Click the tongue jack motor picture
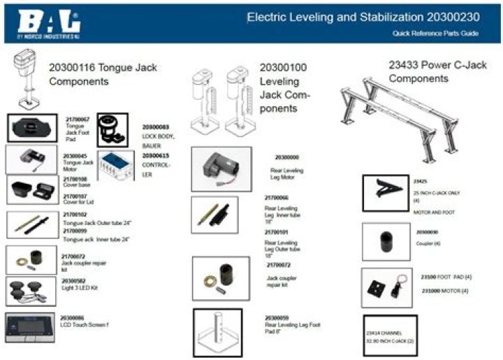(x=31, y=159)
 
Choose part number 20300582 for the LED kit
(x=74, y=280)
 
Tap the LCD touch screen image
(x=31, y=326)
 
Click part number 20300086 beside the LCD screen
(x=73, y=317)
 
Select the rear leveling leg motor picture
(x=221, y=168)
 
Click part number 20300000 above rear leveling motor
(x=286, y=157)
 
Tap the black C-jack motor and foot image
(x=386, y=192)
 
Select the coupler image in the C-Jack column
(x=386, y=241)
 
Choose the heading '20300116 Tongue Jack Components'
(x=103, y=74)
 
